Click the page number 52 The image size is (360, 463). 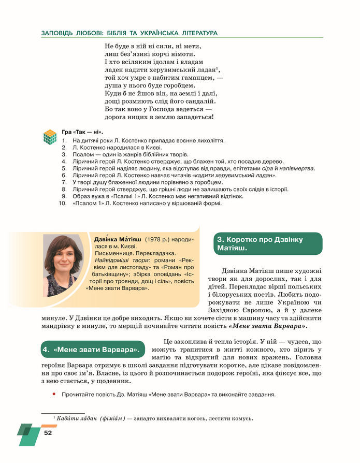click(x=48, y=432)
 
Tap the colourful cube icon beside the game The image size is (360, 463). click(x=50, y=137)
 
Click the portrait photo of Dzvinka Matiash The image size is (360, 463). click(x=63, y=266)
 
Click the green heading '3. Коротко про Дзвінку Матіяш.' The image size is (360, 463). click(x=267, y=243)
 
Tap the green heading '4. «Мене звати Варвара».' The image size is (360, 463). click(x=91, y=350)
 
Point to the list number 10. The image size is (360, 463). click(x=63, y=204)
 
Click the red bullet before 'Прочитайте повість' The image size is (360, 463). click(x=53, y=395)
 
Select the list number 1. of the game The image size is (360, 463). click(x=64, y=140)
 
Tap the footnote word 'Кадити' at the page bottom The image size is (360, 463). click(x=68, y=418)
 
